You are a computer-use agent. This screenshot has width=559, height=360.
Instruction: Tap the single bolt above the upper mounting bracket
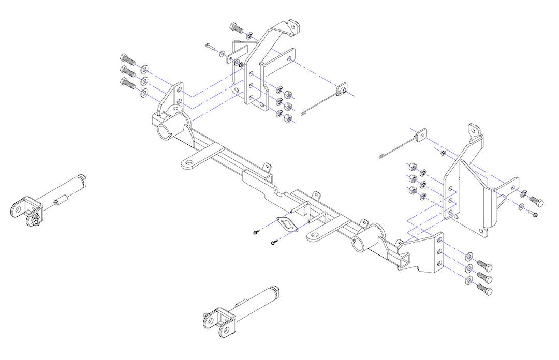pos(236,27)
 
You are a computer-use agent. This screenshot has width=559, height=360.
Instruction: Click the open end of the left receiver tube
pos(165,132)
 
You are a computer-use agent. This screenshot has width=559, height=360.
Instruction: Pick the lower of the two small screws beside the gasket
pos(272,242)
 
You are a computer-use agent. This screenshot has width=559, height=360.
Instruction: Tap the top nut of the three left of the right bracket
pos(411,167)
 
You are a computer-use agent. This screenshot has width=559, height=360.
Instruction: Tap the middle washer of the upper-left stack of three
pos(144,80)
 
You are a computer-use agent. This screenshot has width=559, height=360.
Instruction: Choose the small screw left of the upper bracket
pos(208,47)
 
